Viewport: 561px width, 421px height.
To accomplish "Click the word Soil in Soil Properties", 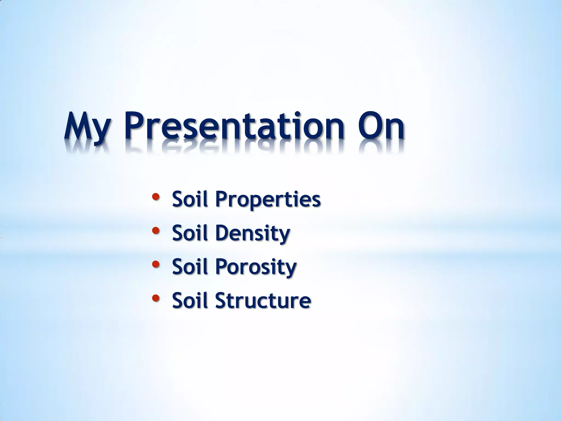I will (189, 199).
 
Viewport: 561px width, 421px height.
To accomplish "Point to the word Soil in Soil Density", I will (189, 233).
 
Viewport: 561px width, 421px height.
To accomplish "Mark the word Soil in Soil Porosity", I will (189, 267).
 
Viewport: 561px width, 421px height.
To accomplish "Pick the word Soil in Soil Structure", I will (189, 300).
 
